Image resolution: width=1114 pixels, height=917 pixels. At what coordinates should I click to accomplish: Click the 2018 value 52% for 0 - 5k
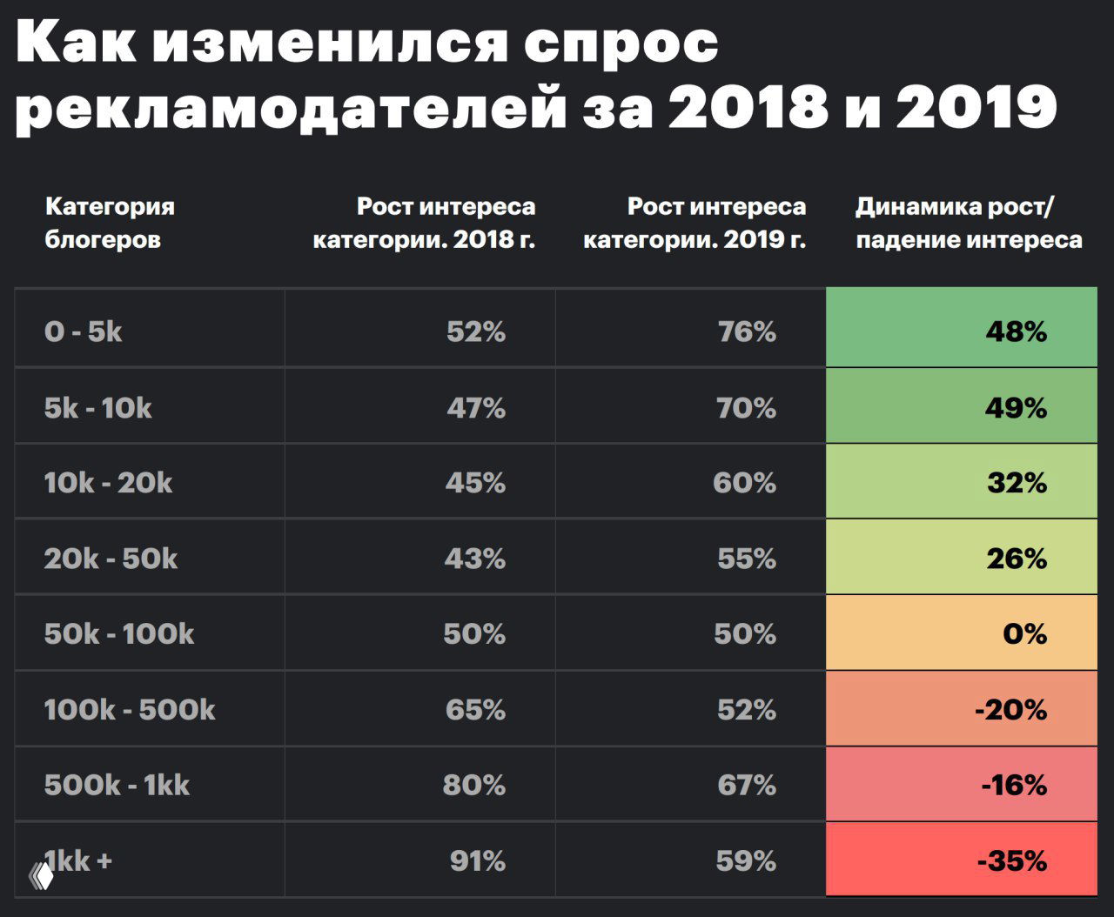(x=475, y=331)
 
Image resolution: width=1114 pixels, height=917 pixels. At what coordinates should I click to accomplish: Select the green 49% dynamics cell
(x=961, y=407)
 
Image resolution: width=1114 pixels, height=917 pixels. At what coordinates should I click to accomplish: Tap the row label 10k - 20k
(x=108, y=483)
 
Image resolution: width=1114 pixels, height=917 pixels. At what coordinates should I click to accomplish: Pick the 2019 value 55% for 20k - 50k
(x=746, y=559)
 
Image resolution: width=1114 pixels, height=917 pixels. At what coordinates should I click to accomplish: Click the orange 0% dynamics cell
(x=961, y=633)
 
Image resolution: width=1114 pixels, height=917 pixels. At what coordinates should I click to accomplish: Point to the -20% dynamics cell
(x=961, y=710)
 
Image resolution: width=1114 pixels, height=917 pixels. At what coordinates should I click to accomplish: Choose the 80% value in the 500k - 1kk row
(x=473, y=786)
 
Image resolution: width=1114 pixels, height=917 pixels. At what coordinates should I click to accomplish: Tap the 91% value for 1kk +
(x=477, y=861)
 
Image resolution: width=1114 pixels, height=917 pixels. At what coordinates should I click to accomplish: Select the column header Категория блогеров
(x=110, y=223)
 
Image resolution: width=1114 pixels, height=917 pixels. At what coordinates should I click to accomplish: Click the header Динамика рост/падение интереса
(x=969, y=223)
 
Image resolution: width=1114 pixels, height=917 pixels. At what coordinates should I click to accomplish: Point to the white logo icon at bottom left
(x=41, y=876)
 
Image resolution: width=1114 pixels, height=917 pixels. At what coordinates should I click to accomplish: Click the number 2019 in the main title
(x=976, y=108)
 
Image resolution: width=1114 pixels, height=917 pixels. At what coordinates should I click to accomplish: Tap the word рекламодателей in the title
(x=291, y=108)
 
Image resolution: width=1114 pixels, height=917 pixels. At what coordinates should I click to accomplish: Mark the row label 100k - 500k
(x=130, y=710)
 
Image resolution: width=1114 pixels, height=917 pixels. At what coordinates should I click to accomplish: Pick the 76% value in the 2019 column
(x=747, y=331)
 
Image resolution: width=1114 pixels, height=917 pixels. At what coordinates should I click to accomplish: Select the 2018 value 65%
(x=475, y=710)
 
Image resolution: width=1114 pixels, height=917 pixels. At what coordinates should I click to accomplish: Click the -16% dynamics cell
(x=961, y=786)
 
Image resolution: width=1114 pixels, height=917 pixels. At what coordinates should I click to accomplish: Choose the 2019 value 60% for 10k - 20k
(x=744, y=483)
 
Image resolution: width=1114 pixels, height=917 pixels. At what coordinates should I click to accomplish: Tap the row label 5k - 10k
(x=97, y=407)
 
